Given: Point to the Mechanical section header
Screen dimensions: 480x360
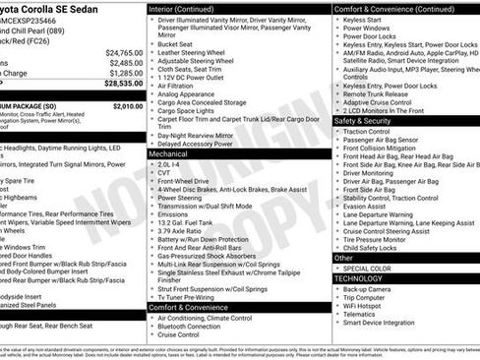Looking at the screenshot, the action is [x=168, y=153].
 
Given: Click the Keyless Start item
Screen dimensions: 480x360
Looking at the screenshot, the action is [x=366, y=19].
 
